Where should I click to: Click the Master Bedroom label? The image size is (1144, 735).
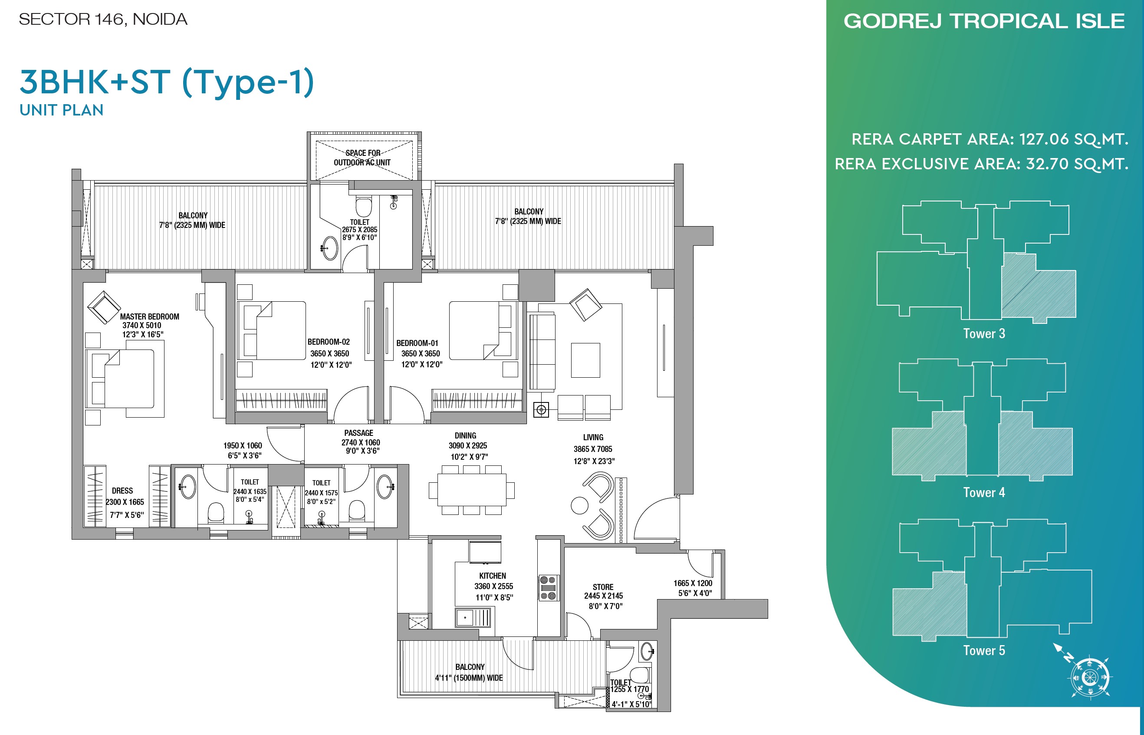point(149,316)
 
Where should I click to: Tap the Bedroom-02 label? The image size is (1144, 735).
point(329,342)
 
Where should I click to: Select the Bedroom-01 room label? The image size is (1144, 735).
point(417,343)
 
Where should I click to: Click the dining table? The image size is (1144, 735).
point(471,490)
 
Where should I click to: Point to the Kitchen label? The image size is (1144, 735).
point(492,576)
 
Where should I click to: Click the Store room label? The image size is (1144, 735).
point(603,587)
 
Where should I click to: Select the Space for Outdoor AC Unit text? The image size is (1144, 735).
point(362,158)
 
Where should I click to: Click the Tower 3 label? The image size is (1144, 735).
point(984,333)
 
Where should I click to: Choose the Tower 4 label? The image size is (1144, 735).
point(984,493)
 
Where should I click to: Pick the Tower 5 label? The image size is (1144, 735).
point(984,650)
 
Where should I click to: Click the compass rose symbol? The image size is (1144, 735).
point(1090,677)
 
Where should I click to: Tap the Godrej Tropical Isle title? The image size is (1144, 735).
point(984,21)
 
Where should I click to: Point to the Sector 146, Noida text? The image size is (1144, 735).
point(103,20)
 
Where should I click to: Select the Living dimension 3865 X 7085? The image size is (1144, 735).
point(593,449)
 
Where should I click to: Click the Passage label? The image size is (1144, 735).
point(359,433)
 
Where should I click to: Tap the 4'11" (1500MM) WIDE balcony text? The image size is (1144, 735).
point(469,678)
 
